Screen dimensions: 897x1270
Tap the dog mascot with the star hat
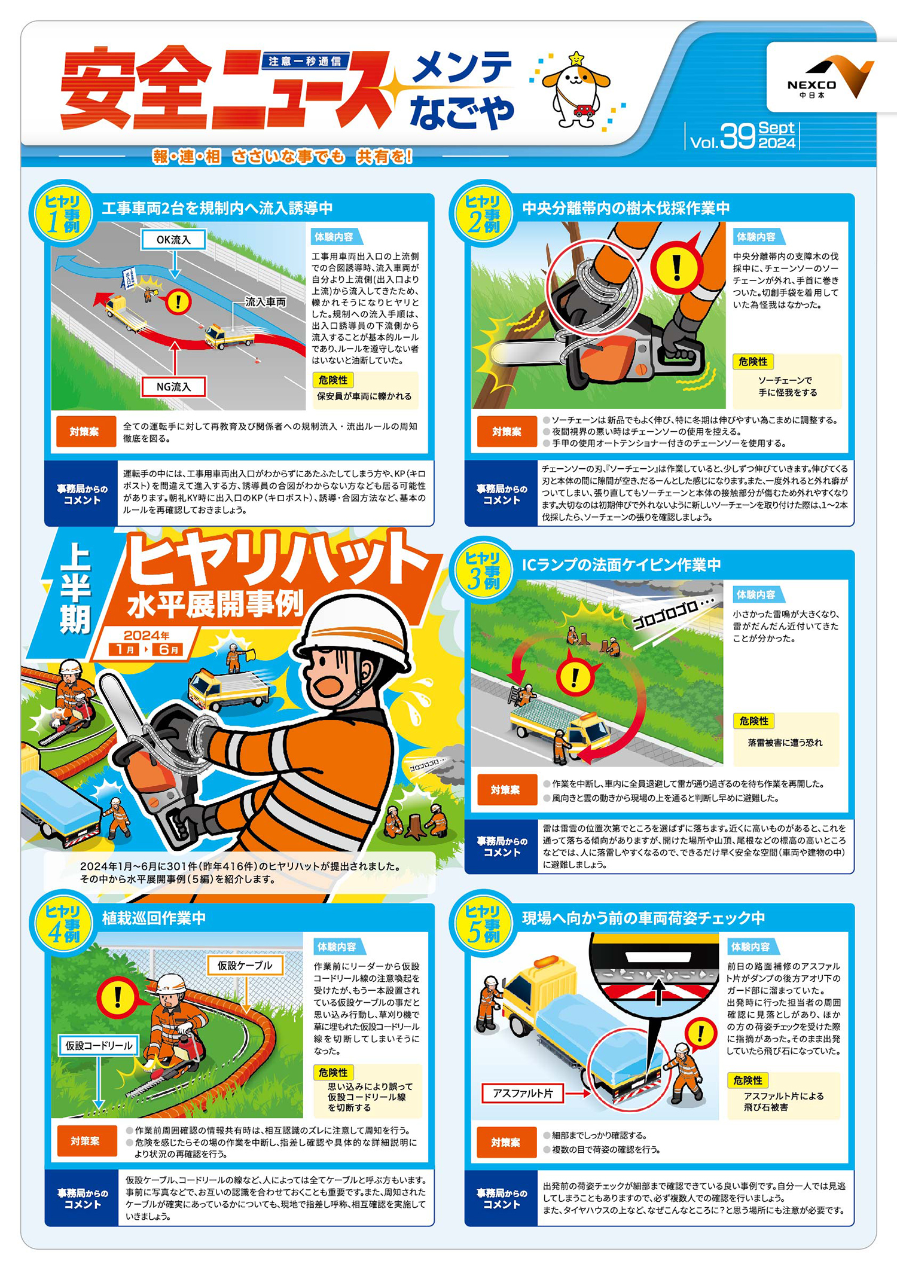point(575,90)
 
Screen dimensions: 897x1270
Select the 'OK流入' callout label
point(173,240)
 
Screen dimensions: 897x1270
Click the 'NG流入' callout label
point(173,387)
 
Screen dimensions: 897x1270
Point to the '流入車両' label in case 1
point(266,303)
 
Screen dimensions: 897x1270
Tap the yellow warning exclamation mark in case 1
point(178,301)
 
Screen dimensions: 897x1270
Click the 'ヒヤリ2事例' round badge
point(483,214)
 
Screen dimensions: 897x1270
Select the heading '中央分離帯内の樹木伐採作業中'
point(626,208)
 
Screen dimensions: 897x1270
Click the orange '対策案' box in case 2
point(506,432)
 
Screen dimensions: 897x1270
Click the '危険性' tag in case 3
point(753,721)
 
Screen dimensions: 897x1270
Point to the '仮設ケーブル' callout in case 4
point(245,966)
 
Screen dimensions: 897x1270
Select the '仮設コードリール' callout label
point(99,1046)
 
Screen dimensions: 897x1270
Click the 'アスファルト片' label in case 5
point(522,1093)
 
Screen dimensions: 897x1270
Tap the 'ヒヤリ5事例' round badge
point(483,924)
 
